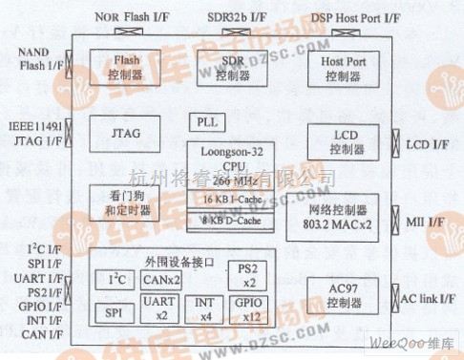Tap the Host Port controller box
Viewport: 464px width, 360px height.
343,67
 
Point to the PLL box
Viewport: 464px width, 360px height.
207,123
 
